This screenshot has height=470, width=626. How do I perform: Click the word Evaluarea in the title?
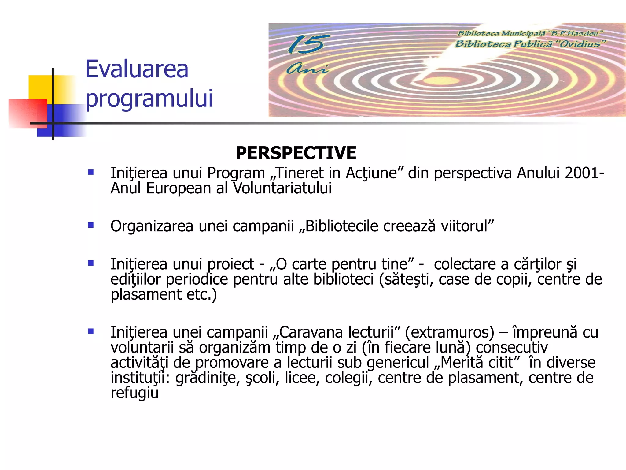click(137, 69)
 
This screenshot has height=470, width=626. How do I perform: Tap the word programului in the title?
click(149, 99)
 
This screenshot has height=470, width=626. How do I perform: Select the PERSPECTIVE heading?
click(296, 153)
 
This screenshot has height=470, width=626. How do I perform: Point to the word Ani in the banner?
click(307, 69)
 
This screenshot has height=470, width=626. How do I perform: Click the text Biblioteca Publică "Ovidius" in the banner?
click(530, 44)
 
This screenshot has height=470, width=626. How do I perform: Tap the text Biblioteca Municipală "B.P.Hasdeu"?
click(530, 33)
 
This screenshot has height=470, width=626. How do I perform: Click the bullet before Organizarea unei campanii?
click(90, 226)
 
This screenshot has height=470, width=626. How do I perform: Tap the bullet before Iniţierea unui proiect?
click(90, 263)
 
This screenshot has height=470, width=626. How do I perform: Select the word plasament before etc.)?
click(146, 295)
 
